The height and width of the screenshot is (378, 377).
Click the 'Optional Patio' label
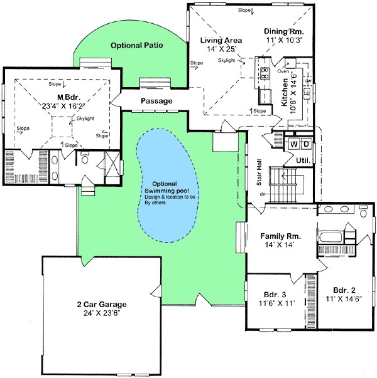(133, 46)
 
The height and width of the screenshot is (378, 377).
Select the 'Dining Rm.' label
(285, 31)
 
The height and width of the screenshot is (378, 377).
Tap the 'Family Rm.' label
(280, 236)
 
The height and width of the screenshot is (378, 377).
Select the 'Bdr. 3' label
(275, 293)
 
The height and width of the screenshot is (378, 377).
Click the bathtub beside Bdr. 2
(332, 238)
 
